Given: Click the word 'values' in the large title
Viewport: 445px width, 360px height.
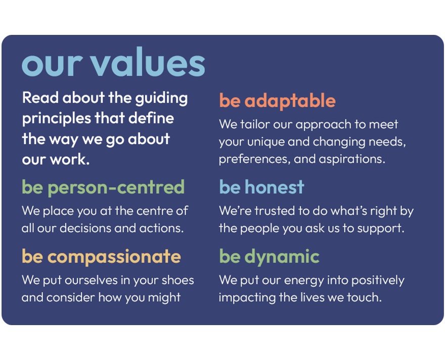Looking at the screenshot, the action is [x=148, y=62].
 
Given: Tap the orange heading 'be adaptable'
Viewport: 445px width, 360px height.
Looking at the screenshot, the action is [x=277, y=101].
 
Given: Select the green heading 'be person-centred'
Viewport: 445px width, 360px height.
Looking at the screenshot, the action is [x=103, y=188].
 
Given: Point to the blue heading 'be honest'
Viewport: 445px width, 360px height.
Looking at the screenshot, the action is [x=261, y=187].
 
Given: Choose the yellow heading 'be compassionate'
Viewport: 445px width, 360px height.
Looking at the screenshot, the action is [x=101, y=257].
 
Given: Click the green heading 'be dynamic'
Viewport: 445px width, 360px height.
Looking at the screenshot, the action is [x=269, y=257].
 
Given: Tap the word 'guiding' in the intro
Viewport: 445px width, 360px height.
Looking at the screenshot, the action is [x=161, y=99].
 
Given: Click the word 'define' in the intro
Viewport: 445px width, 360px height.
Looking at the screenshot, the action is [x=151, y=118].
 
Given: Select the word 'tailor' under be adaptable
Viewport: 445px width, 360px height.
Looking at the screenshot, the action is [x=255, y=124].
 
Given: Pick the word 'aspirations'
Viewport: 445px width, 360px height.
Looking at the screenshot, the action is [x=352, y=159].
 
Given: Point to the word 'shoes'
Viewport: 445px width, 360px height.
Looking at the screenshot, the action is [x=177, y=280].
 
